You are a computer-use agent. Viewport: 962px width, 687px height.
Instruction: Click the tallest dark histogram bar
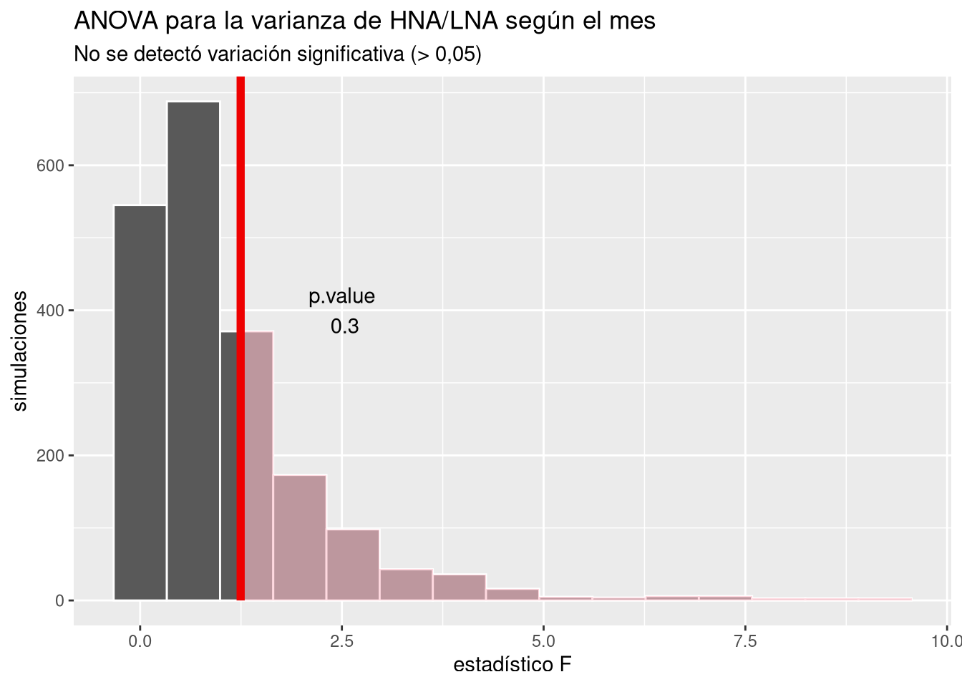(193, 351)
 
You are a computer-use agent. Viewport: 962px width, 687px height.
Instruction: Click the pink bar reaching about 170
(299, 537)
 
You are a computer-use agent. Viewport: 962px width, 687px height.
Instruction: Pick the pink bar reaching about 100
(353, 565)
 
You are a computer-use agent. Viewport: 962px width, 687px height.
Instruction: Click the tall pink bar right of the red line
(258, 465)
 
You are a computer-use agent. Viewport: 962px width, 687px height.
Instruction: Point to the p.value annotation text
(341, 296)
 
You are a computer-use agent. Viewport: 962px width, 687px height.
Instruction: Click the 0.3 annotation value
(344, 327)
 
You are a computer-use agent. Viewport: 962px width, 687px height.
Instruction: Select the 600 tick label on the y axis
(51, 165)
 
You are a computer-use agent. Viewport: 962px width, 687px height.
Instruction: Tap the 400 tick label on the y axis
(51, 311)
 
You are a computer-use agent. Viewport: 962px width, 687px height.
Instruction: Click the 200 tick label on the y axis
(51, 456)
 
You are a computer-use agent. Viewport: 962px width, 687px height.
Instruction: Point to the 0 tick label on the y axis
(61, 601)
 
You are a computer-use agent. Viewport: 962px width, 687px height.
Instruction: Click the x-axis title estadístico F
(512, 666)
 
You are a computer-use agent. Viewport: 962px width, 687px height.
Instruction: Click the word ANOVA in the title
(117, 21)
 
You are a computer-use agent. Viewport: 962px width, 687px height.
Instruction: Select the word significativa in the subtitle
(351, 54)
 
